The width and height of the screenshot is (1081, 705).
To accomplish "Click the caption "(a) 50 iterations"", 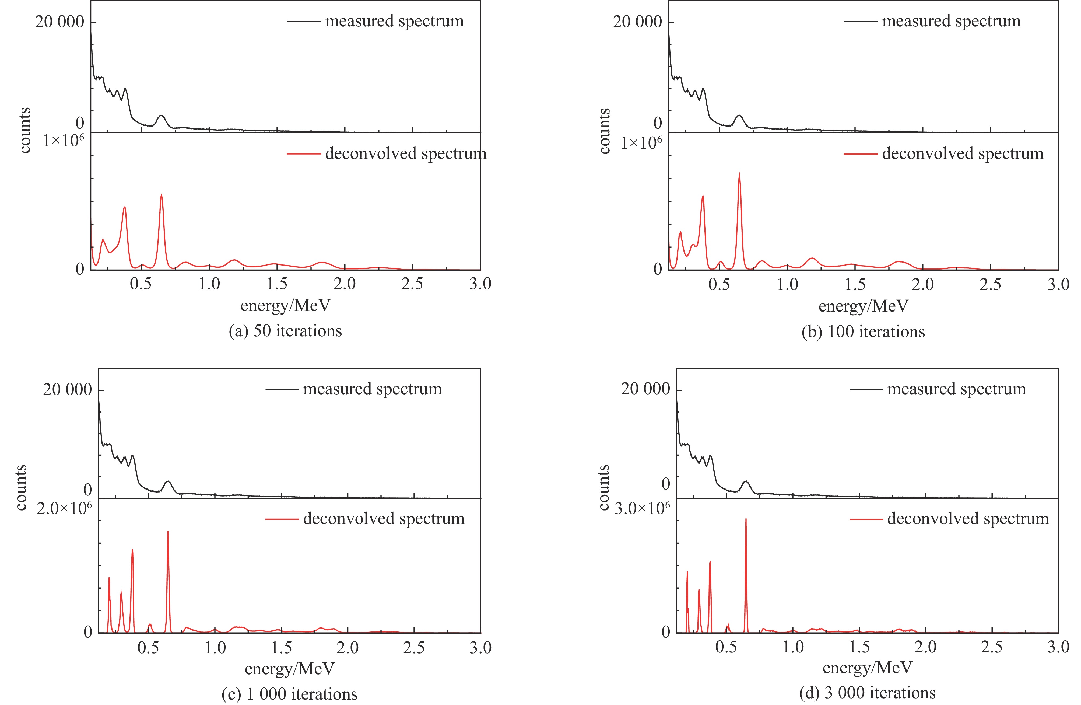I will pos(285,331).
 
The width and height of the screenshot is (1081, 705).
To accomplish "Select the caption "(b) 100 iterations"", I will pos(863,331).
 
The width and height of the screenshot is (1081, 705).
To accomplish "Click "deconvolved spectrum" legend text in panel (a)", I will pos(406,153).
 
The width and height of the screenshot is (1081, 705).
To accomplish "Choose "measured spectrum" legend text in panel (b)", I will pos(951,21).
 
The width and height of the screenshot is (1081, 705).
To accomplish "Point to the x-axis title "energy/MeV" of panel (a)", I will pos(285,305).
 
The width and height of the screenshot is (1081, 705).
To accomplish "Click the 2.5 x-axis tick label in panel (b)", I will pos(990,284).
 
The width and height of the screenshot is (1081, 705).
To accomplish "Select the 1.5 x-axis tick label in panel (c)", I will pos(281,647).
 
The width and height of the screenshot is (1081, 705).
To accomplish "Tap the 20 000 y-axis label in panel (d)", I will pos(645,389).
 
